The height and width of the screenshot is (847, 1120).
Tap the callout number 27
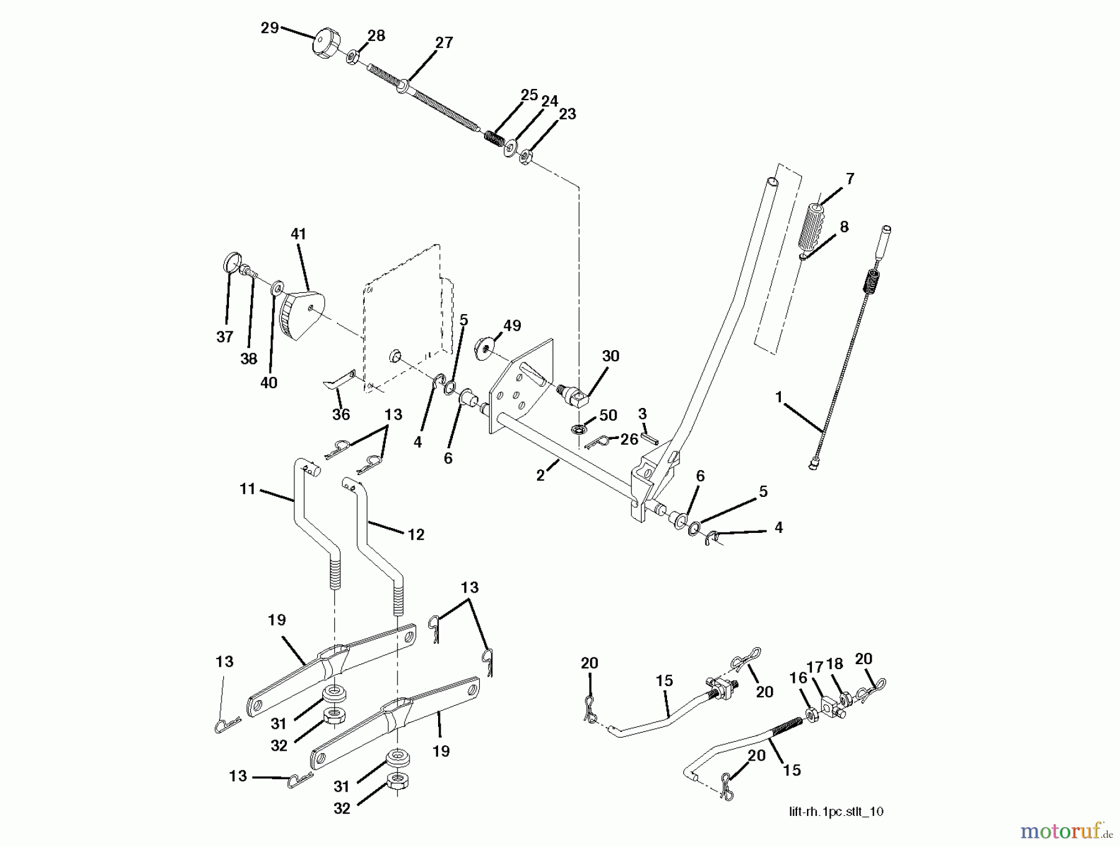[x=444, y=43]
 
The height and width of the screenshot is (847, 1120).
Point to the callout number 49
[x=512, y=326]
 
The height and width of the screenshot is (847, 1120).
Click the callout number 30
[x=610, y=356]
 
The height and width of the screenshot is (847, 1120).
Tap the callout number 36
[x=341, y=414]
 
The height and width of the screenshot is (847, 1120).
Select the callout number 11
[x=248, y=489]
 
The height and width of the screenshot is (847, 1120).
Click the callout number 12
[x=416, y=534]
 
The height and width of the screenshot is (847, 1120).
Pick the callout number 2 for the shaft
[x=540, y=476]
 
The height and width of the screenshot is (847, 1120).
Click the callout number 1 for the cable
[x=778, y=397]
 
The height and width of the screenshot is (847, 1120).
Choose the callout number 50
[x=608, y=415]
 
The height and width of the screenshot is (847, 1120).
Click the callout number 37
[x=225, y=337]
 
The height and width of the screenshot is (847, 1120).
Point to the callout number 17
[x=815, y=666]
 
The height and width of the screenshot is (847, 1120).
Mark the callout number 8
[x=844, y=227]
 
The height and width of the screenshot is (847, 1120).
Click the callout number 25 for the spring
[x=529, y=95]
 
